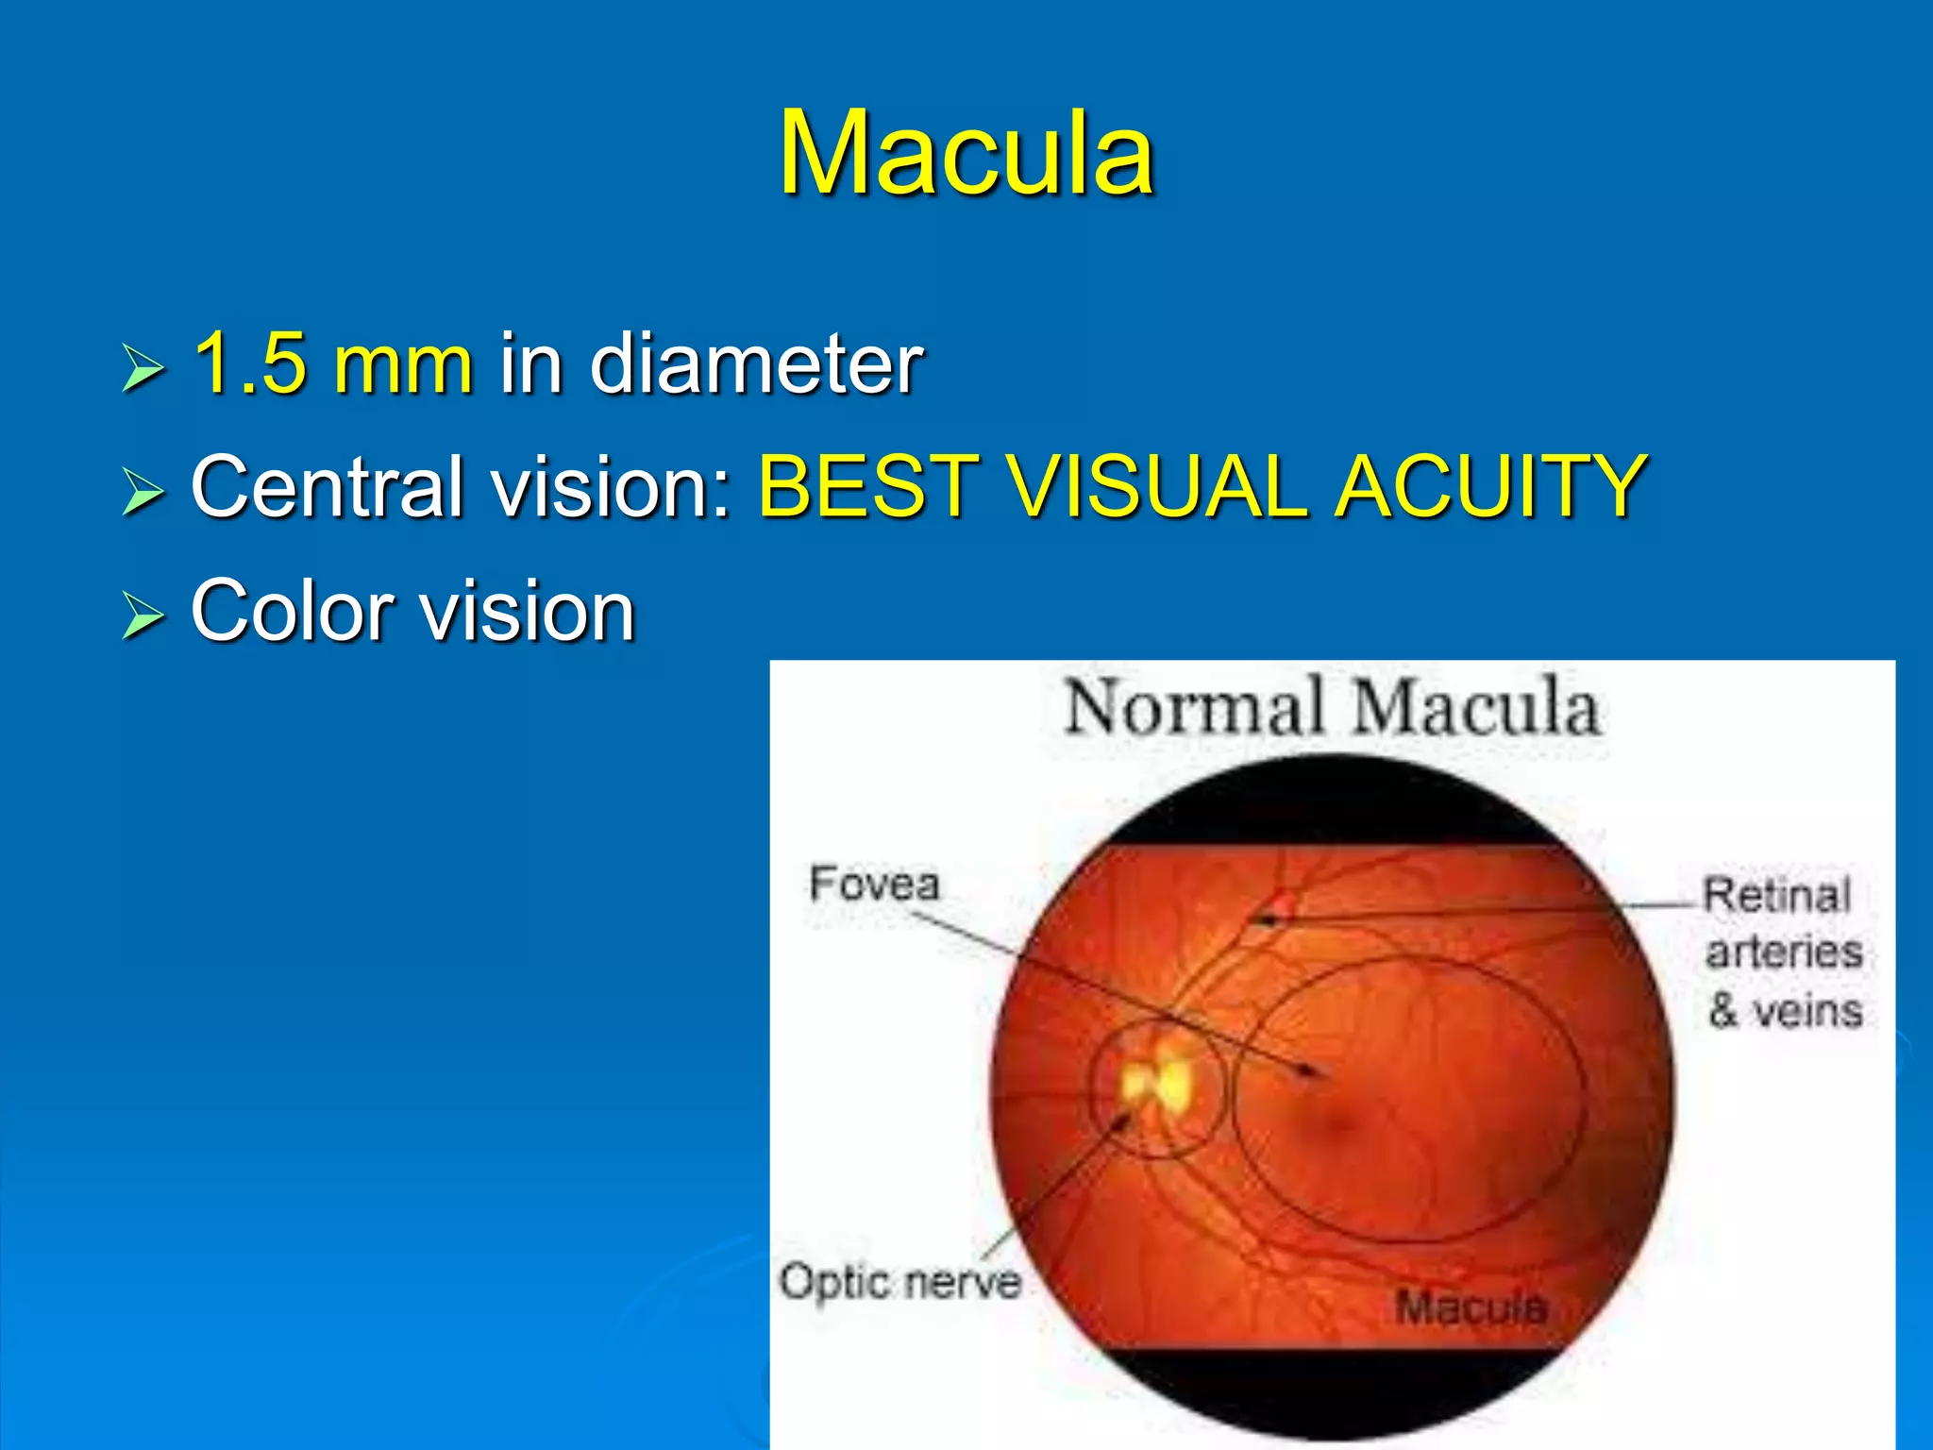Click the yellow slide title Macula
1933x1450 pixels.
[x=966, y=153]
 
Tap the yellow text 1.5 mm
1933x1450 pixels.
[x=332, y=363]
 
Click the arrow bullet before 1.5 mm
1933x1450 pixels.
[x=143, y=368]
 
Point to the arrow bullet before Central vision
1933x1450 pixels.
[x=143, y=492]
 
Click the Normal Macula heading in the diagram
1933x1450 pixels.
[x=1332, y=708]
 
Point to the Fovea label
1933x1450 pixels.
[x=874, y=885]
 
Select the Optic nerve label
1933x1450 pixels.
[x=899, y=1282]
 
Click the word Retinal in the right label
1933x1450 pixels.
[x=1776, y=895]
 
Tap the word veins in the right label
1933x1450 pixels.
[x=1807, y=1010]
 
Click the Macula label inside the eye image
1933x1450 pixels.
[x=1471, y=1307]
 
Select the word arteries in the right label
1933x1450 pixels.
[x=1784, y=952]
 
